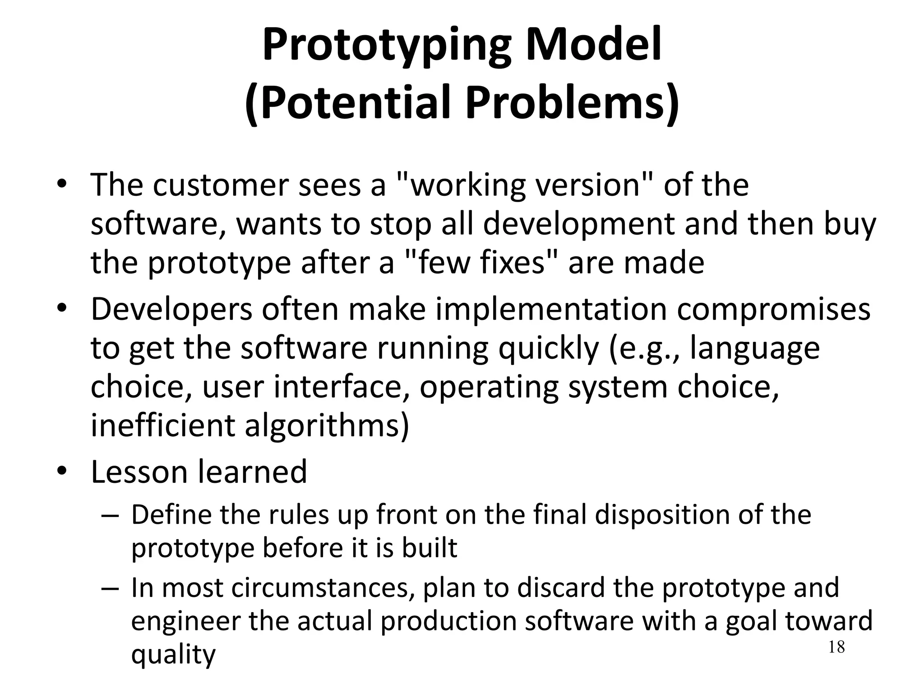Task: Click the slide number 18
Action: (x=836, y=647)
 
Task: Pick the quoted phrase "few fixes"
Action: (x=475, y=263)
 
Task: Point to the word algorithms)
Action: (x=327, y=426)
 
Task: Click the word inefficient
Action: (x=162, y=426)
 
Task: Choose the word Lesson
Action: (x=139, y=472)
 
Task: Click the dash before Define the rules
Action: (x=110, y=516)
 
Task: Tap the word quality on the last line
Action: (x=173, y=655)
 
